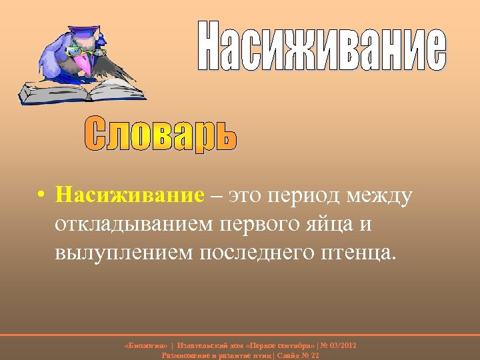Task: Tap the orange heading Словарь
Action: pyautogui.click(x=161, y=133)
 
